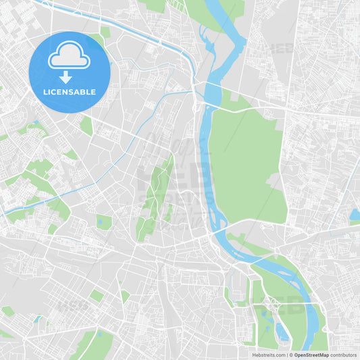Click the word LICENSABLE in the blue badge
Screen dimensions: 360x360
(x=69, y=91)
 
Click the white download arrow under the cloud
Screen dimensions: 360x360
(x=66, y=77)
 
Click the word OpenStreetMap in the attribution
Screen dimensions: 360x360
(x=311, y=355)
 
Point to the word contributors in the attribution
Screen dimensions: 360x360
(x=343, y=355)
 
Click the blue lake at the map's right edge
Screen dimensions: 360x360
(x=355, y=215)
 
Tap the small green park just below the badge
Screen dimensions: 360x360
(x=86, y=126)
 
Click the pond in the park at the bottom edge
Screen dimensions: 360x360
(x=100, y=336)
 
